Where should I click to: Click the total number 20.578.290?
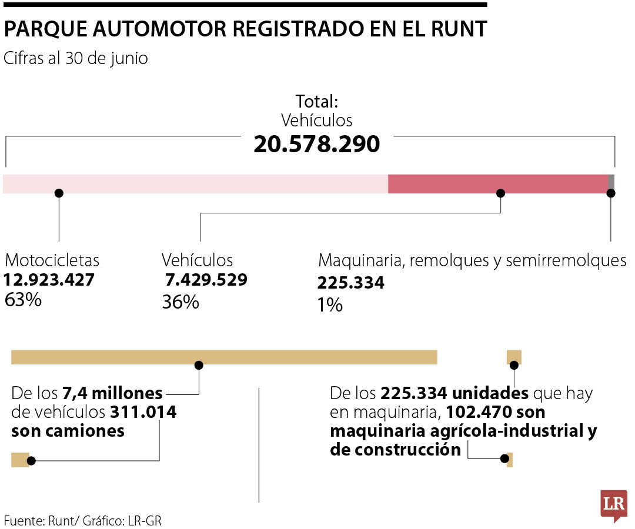316,145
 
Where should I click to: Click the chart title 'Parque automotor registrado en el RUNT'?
245,29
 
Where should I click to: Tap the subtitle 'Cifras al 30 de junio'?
76,59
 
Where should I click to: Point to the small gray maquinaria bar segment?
611,183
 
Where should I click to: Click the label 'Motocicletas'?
52,260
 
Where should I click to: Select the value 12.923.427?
49,280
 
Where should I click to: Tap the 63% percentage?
23,300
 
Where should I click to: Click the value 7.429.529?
206,280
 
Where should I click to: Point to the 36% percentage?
181,302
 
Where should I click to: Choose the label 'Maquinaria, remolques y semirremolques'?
472,260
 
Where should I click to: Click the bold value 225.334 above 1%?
351,283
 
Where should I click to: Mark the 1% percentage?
330,305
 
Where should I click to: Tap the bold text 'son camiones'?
68,431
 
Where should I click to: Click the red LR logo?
613,504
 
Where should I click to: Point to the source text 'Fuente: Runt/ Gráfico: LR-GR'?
82,520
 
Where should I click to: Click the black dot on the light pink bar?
58,193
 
